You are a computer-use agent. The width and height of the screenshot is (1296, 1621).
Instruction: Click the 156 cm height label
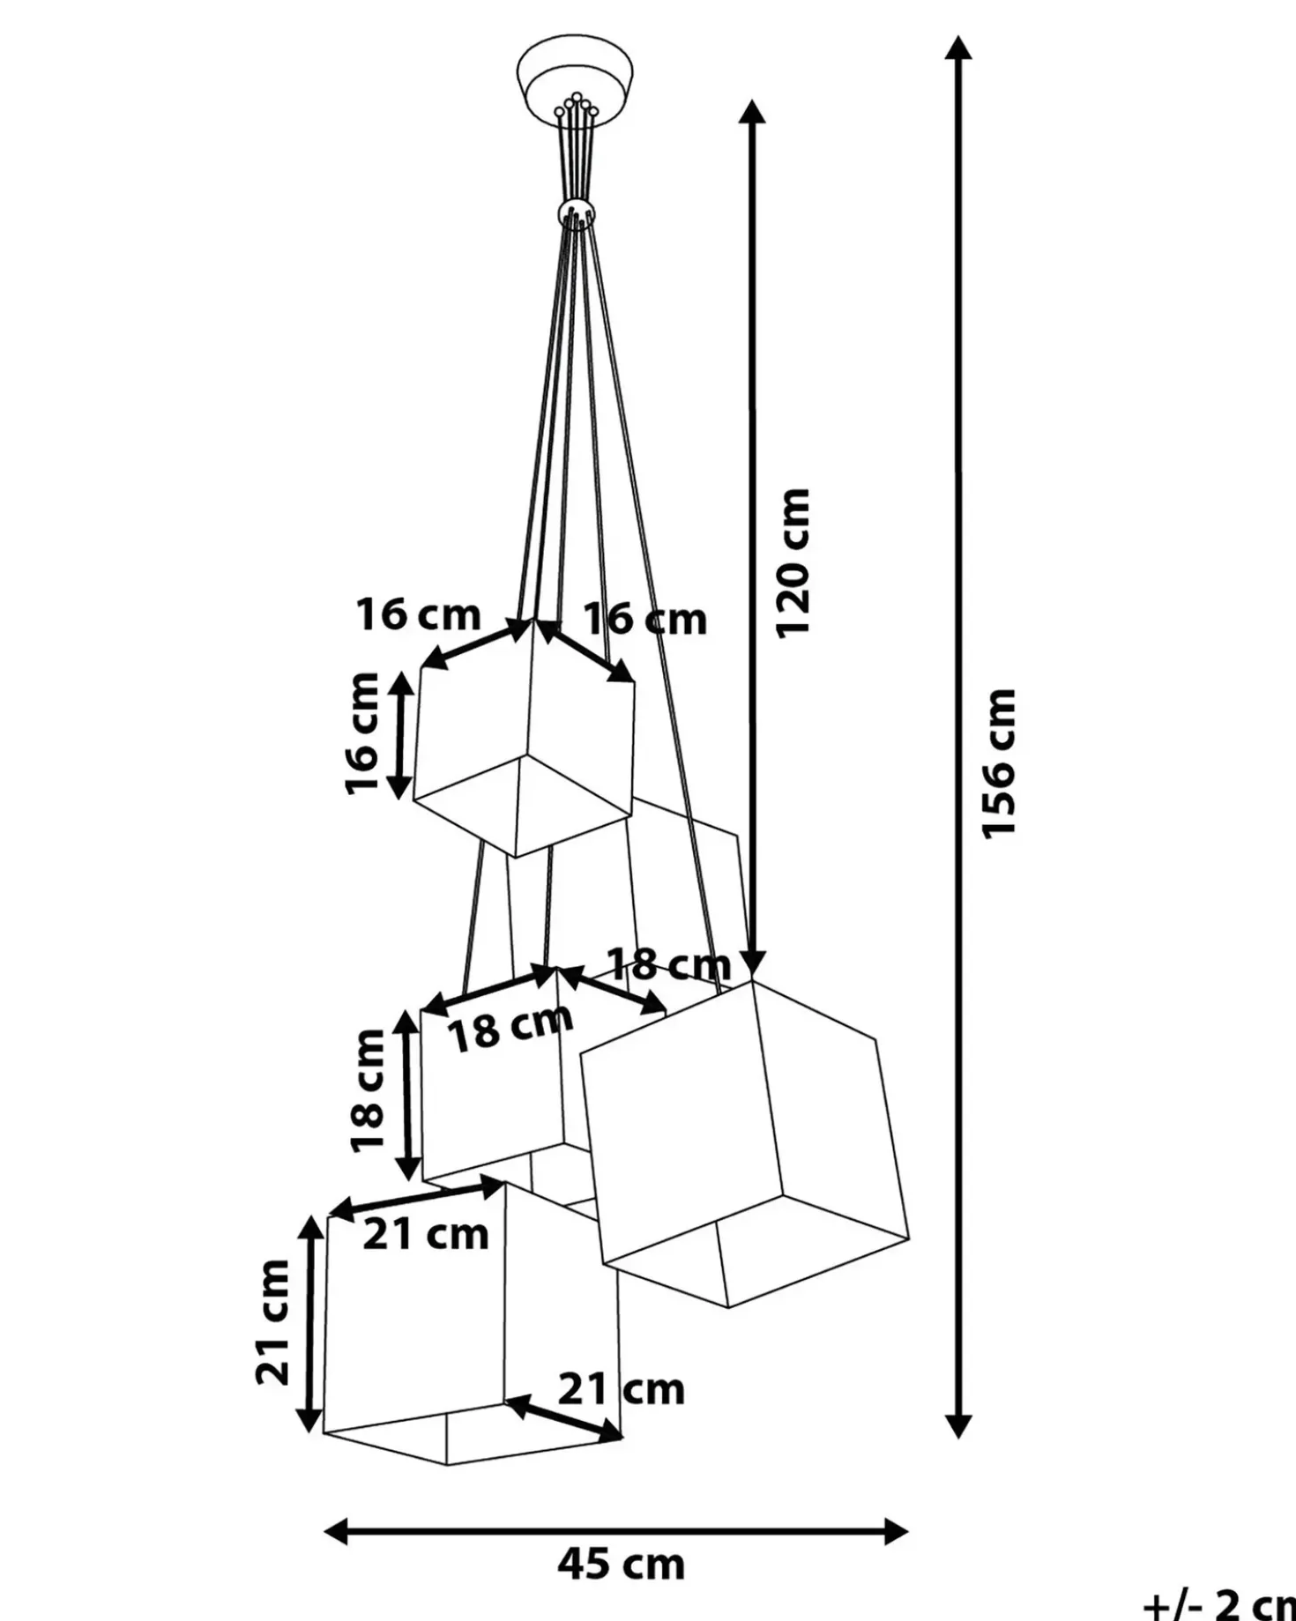pos(1001,763)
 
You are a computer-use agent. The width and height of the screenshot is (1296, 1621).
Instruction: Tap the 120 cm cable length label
pos(792,561)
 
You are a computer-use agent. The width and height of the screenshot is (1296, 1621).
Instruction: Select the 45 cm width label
pos(621,1564)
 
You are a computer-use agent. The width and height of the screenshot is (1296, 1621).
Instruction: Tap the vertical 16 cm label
pos(362,733)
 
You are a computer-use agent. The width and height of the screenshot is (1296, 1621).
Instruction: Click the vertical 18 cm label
pos(368,1090)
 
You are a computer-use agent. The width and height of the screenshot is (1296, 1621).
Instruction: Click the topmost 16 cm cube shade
pos(524,739)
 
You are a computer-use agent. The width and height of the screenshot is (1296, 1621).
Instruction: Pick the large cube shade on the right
pos(745,1143)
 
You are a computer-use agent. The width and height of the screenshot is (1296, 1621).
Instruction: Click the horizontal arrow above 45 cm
pos(616,1532)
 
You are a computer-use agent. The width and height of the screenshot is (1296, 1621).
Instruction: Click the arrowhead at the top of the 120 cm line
pos(752,112)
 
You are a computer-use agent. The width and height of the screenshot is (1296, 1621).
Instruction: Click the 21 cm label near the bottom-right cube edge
pos(621,1390)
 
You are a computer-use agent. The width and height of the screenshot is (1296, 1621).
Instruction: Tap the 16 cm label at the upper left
pos(418,614)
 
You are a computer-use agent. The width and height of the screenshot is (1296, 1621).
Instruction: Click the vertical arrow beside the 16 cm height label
pos(400,735)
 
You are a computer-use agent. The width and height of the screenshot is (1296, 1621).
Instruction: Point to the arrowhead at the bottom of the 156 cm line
pos(958,1425)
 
